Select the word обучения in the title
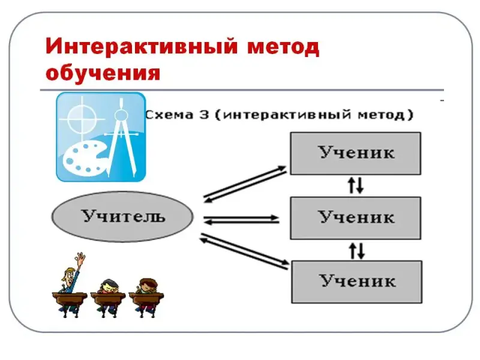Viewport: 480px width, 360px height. tap(103, 74)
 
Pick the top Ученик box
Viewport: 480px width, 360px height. tap(356, 153)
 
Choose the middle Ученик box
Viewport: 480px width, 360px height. tap(356, 217)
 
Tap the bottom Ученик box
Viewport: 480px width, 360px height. tap(356, 281)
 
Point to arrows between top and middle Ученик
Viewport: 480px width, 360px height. tap(356, 185)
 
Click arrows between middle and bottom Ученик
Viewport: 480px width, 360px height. tap(356, 249)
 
